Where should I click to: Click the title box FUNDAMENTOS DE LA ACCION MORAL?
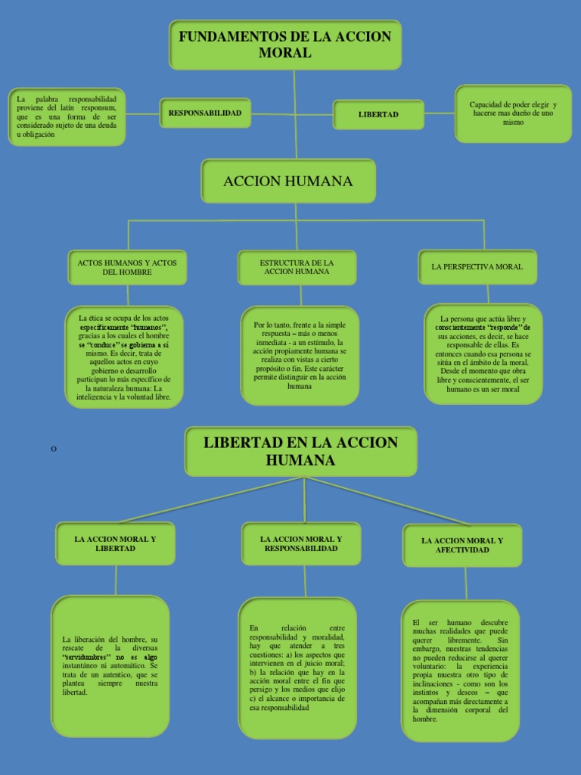pos(284,45)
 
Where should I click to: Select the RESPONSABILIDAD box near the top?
pos(205,114)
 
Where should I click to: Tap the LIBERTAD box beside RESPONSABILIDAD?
pos(378,114)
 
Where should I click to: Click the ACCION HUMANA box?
pos(288,182)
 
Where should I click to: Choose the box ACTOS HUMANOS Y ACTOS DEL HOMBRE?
pos(127,267)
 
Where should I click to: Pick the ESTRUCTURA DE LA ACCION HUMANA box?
pos(297,267)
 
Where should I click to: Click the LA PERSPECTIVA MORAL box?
pos(477,267)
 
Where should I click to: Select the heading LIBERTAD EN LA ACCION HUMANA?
pos(300,451)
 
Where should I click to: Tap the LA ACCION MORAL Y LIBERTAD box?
pos(115,543)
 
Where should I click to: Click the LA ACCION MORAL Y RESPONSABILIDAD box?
pos(300,543)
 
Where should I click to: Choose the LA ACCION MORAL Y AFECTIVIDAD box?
pos(462,545)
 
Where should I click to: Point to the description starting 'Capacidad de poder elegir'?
pos(513,114)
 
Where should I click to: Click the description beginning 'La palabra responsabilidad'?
pos(66,117)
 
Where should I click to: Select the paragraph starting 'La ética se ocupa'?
pos(124,355)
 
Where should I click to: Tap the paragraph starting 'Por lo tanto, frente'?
pos(300,355)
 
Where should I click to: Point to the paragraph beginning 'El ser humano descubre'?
pos(461,671)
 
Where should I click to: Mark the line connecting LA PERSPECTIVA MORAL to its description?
pos(488,294)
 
